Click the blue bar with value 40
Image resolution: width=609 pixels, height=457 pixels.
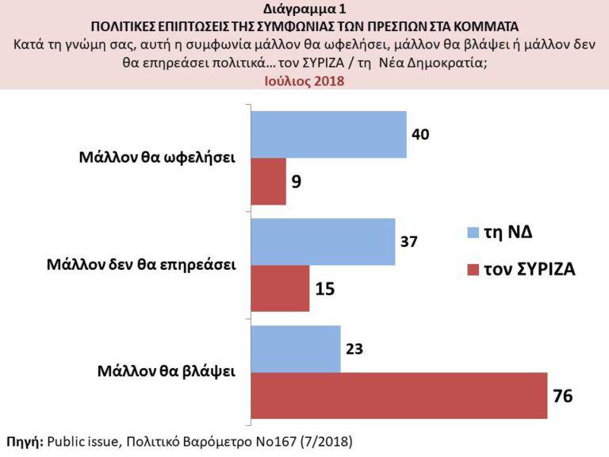coord(328,135)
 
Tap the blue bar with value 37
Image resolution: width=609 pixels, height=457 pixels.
coord(323,242)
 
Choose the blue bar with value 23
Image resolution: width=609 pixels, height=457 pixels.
coord(296,348)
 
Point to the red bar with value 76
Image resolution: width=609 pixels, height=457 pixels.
coord(399,394)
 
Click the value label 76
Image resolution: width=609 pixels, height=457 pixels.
coord(563,395)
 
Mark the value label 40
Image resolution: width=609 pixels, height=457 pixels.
coord(421,133)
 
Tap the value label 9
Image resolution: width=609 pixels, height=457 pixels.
coord(297,182)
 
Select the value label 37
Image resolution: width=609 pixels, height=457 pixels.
coord(409,241)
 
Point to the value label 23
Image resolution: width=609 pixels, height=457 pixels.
coord(354,348)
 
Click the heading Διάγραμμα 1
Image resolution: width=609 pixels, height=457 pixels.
coord(304,10)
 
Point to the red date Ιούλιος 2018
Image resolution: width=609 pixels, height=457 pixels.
coord(304,80)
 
